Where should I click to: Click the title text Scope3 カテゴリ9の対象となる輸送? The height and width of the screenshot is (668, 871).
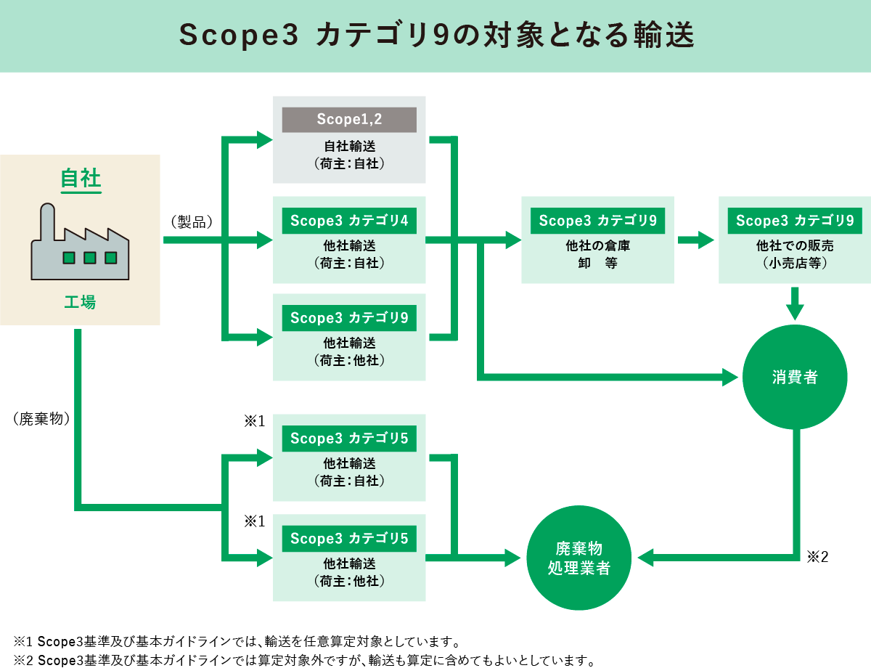click(435, 36)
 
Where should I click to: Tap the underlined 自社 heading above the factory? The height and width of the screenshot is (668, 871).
click(81, 179)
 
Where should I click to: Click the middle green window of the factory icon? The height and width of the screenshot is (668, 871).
click(89, 257)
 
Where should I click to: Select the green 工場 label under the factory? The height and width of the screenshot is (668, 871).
click(80, 302)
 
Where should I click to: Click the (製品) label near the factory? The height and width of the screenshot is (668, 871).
click(191, 221)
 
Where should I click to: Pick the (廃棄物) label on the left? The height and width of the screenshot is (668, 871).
click(41, 419)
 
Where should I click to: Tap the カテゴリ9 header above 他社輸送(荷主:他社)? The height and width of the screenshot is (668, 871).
click(349, 318)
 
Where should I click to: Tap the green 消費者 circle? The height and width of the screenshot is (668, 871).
click(795, 377)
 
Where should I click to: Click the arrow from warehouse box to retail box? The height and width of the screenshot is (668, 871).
click(696, 240)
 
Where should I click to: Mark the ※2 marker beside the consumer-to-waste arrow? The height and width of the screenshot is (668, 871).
click(817, 557)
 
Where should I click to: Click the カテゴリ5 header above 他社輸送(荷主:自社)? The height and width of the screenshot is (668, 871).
click(349, 439)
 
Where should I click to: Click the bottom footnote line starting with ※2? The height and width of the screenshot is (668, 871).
click(305, 660)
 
